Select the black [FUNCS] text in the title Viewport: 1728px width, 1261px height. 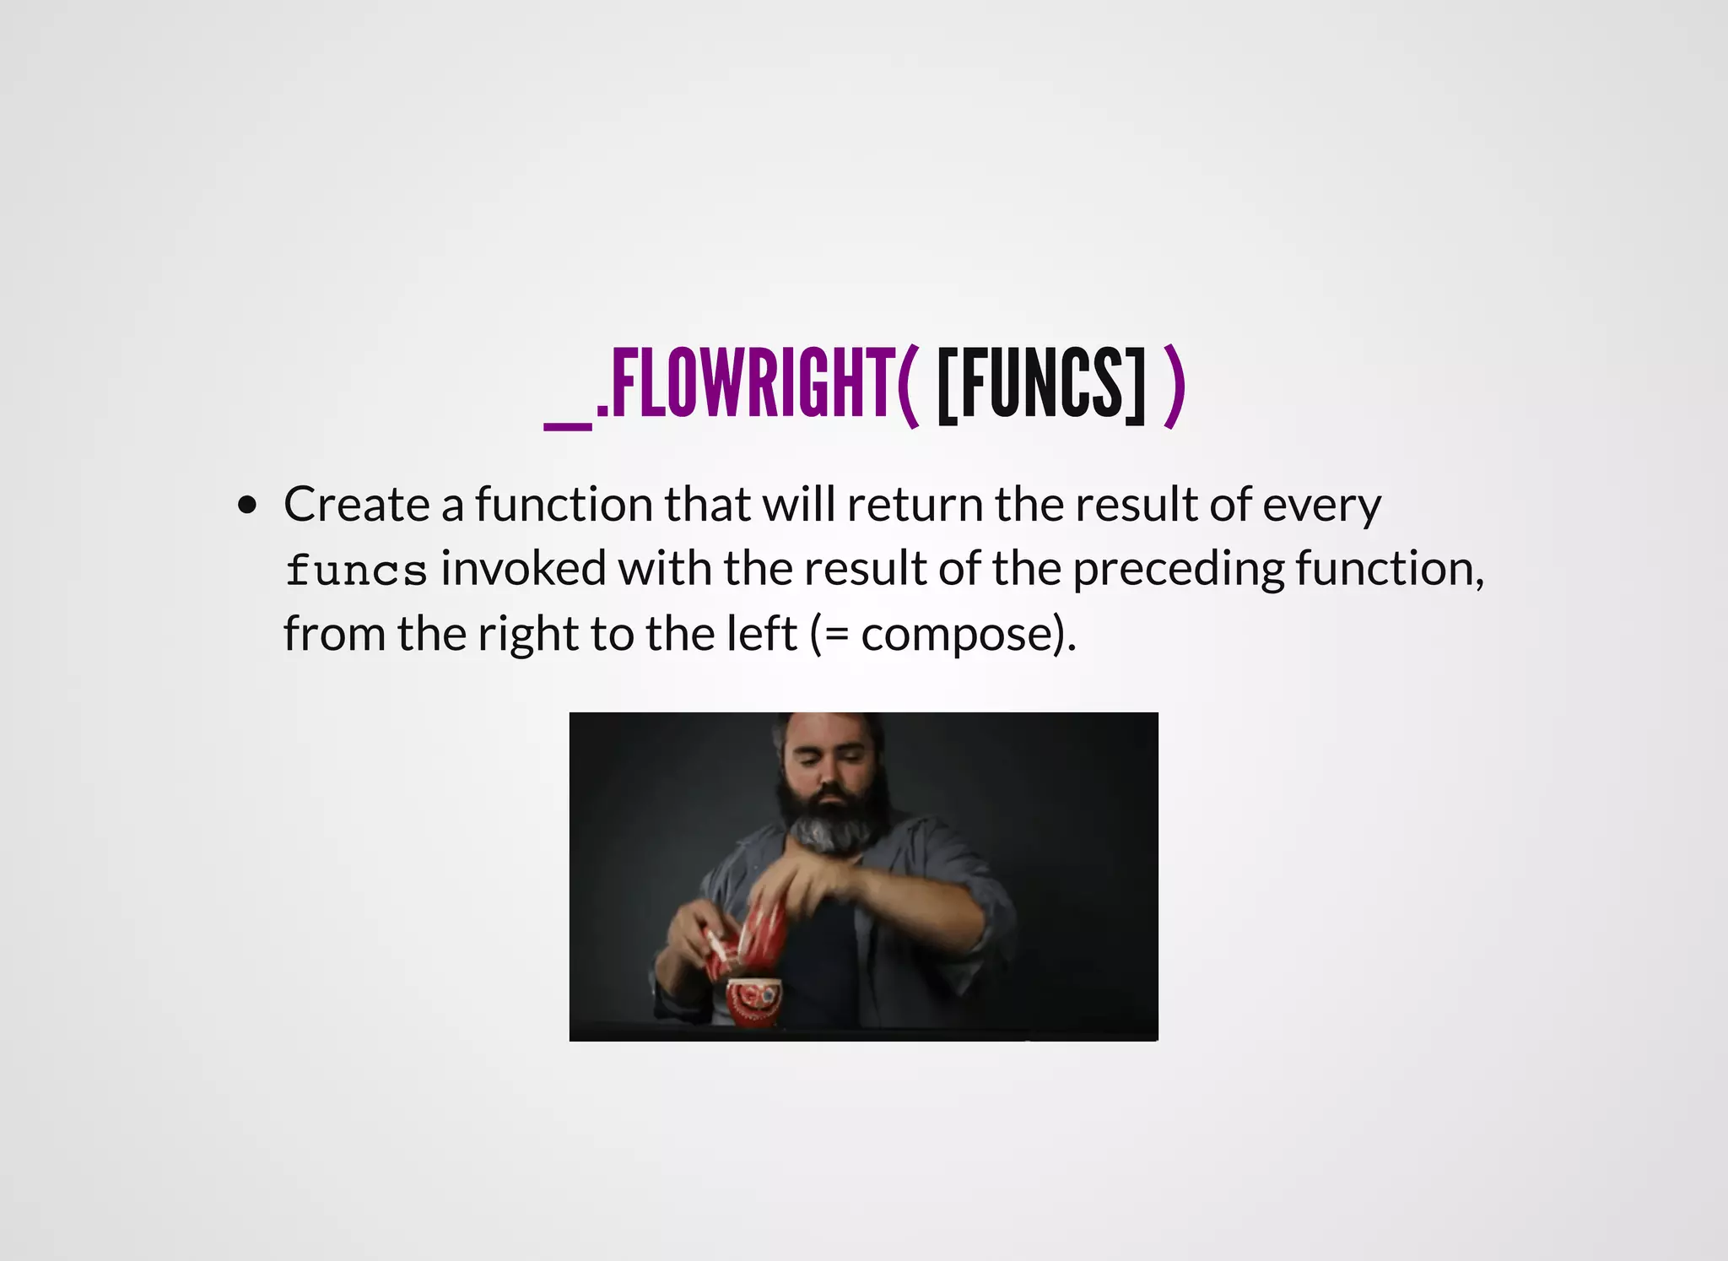[x=1041, y=384]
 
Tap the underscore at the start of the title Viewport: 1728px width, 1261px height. [x=568, y=426]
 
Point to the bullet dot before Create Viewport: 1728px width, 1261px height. [x=247, y=506]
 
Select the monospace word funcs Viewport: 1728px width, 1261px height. [x=356, y=570]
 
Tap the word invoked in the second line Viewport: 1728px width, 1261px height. [x=523, y=568]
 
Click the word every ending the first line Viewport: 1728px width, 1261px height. [x=1321, y=506]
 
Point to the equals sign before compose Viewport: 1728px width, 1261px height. [x=836, y=636]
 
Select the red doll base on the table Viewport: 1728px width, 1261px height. [x=754, y=1002]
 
